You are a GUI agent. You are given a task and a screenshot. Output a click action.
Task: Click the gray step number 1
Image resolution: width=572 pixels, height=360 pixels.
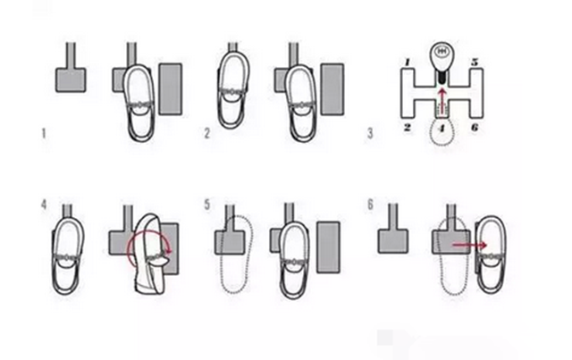44,133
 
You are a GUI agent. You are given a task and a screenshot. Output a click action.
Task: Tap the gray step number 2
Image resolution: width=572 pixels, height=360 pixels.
206,133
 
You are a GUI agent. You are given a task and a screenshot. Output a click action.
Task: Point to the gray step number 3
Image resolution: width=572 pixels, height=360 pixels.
370,133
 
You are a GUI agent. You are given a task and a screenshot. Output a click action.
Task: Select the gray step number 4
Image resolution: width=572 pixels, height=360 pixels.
44,205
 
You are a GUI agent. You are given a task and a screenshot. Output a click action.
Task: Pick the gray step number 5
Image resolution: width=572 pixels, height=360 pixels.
207,205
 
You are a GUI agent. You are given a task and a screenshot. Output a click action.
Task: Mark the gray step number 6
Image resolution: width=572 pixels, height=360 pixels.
371,205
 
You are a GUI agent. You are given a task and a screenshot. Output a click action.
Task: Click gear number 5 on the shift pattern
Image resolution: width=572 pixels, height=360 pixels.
475,62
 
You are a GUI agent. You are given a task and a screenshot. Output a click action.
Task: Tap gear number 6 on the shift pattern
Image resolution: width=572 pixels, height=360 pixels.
475,127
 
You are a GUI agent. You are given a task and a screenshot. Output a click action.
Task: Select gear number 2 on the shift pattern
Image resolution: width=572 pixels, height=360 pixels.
408,127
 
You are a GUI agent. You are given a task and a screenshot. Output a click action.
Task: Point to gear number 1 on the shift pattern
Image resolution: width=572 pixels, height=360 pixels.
408,63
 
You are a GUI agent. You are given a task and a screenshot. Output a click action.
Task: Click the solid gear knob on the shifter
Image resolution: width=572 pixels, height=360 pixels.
442,56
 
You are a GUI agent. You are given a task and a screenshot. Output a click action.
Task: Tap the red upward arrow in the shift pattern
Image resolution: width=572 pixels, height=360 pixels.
442,100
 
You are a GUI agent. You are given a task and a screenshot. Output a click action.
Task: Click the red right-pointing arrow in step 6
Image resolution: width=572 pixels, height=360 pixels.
469,245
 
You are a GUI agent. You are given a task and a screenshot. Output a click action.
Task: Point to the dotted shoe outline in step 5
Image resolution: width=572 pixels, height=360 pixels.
236,255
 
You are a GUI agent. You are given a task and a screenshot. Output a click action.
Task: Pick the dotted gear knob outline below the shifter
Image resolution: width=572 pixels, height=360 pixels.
442,132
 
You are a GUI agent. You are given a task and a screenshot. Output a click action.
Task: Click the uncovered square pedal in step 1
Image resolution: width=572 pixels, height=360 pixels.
71,80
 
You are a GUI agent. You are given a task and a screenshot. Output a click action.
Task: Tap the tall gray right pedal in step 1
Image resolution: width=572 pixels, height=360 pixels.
171,89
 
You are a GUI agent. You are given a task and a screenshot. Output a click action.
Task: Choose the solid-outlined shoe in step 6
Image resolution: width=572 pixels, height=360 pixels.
491,255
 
